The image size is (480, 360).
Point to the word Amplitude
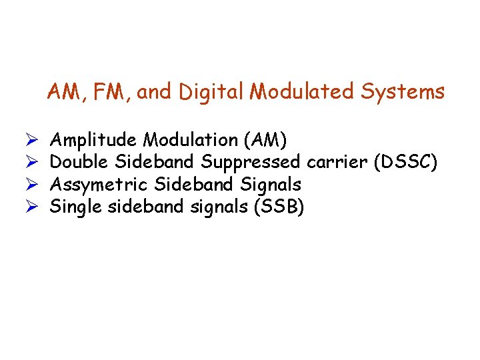point(95,140)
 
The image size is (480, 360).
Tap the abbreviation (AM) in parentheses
point(266,140)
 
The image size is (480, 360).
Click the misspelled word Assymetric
point(100,185)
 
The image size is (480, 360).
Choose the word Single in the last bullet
point(75,207)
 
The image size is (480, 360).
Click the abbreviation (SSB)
point(279,207)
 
